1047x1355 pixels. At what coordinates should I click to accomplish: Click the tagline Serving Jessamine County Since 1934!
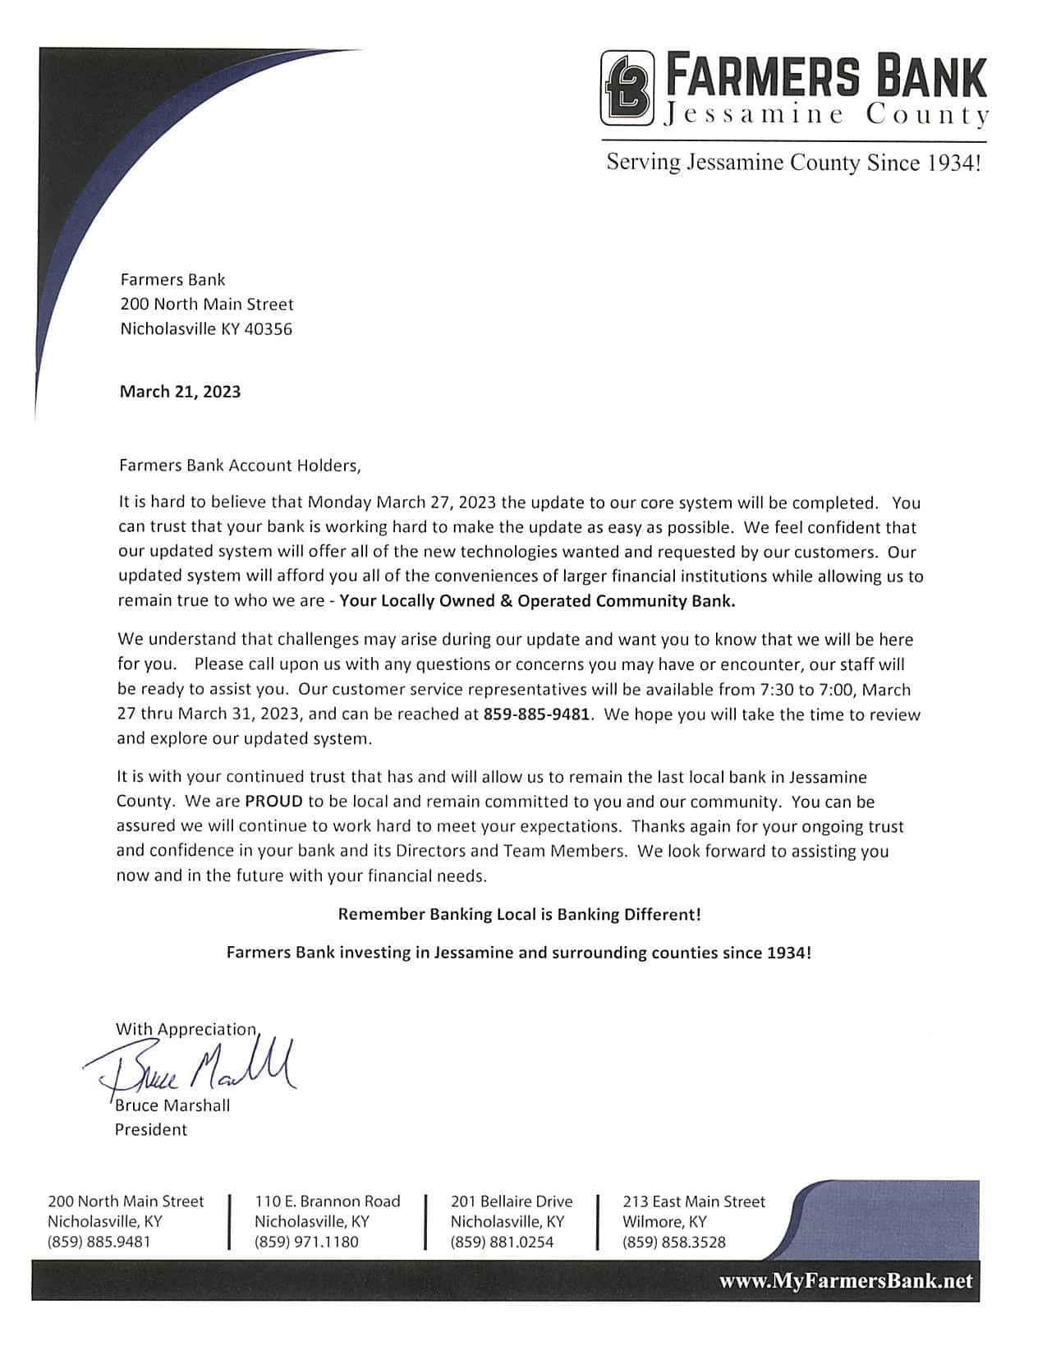click(793, 162)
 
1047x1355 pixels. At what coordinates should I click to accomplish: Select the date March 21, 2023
click(181, 391)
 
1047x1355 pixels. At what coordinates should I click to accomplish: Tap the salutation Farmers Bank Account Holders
click(239, 466)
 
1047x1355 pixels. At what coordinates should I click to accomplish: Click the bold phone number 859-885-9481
click(536, 714)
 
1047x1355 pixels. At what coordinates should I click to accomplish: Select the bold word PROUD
click(273, 801)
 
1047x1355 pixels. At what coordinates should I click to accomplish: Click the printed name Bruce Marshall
click(172, 1105)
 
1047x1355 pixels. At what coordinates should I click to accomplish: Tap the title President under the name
click(151, 1130)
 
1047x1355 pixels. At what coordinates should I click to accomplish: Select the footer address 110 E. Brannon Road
click(327, 1201)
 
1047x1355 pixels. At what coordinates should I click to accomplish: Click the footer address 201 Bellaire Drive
click(511, 1201)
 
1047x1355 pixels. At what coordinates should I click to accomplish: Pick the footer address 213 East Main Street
click(693, 1201)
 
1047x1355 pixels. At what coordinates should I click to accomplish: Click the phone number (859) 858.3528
click(673, 1242)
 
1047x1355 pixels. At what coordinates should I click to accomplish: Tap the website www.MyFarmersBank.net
click(845, 1281)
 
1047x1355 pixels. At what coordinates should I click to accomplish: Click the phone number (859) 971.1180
click(306, 1242)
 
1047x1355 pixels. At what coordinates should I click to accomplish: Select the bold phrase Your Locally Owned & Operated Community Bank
click(537, 600)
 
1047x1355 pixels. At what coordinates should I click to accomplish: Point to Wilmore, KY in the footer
click(664, 1221)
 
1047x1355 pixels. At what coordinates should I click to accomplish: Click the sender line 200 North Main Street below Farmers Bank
click(207, 305)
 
